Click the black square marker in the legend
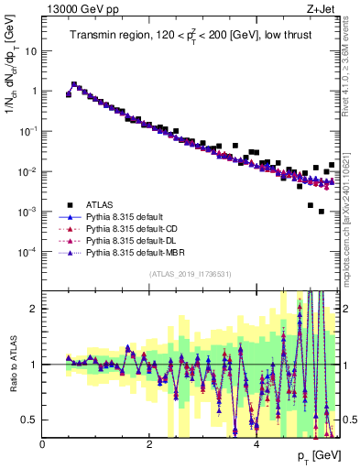click(69, 204)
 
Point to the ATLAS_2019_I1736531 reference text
click(191, 274)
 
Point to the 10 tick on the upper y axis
click(31, 51)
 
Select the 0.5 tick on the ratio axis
click(30, 420)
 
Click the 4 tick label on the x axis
click(256, 445)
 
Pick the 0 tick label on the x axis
click(43, 445)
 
